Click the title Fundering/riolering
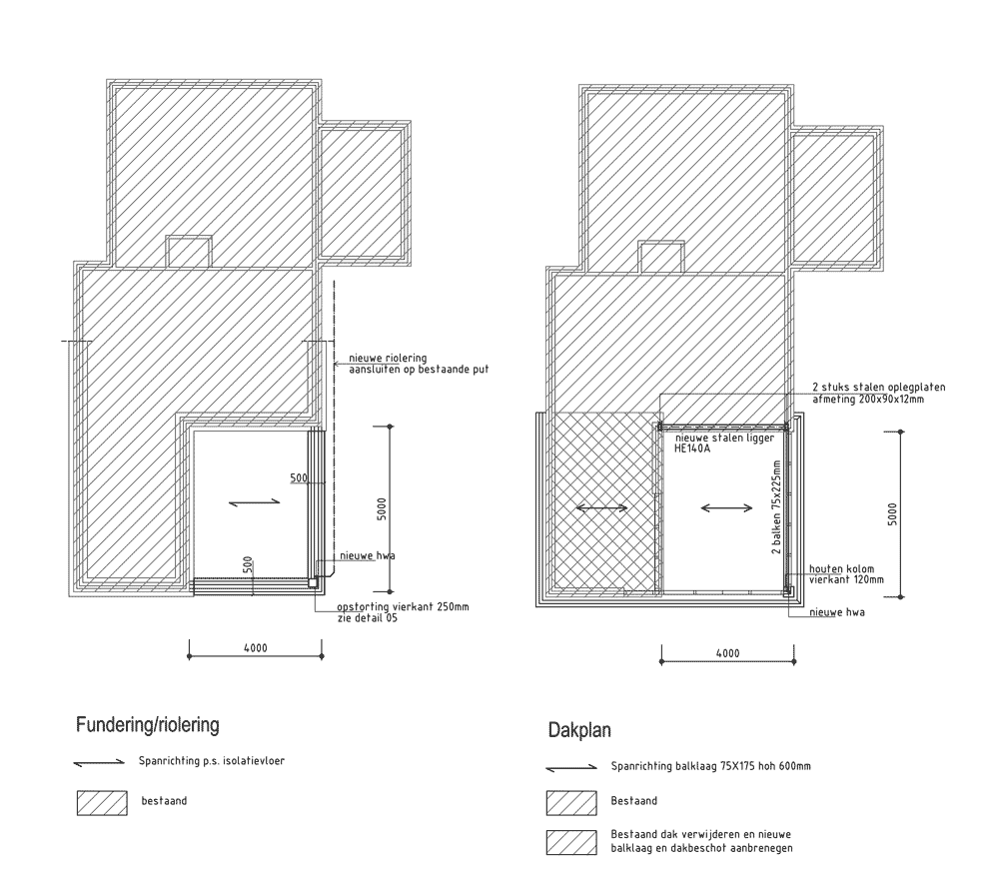147,724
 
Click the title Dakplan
579,729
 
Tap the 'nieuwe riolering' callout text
388,358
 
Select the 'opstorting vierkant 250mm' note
403,606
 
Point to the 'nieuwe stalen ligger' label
724,438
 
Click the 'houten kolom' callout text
841,568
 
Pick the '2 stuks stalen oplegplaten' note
878,387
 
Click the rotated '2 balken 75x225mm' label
776,507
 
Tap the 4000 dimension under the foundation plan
256,648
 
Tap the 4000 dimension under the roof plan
727,653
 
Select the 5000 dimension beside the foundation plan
382,509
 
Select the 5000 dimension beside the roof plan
892,514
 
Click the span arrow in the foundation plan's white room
254,502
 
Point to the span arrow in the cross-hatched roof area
601,507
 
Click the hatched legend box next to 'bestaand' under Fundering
102,803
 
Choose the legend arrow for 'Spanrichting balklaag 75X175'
571,768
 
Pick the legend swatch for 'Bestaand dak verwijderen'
571,842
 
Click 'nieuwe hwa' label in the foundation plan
367,555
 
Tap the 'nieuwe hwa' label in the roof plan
837,612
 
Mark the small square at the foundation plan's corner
313,583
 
